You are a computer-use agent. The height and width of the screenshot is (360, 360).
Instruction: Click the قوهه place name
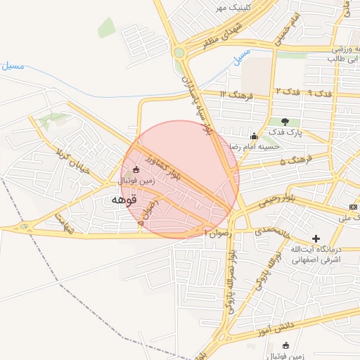point(122,200)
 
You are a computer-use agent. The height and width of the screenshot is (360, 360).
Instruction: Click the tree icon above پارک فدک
point(285,122)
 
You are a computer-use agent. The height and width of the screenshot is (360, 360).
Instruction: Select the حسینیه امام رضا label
point(256,146)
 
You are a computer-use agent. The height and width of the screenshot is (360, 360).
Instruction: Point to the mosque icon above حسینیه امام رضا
point(254,136)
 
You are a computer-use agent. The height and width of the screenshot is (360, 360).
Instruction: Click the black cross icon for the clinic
point(316,239)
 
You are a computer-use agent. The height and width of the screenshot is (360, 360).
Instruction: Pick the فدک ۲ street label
point(288,92)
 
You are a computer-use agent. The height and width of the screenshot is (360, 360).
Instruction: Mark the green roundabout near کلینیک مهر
point(179,52)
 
